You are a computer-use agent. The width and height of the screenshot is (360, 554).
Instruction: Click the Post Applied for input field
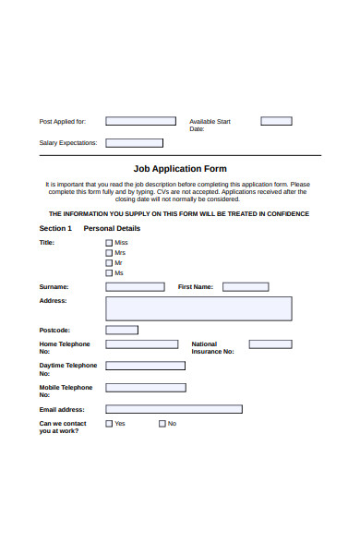(140, 121)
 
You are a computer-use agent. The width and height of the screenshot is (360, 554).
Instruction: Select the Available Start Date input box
(276, 121)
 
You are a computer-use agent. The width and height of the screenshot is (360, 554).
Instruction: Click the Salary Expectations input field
(134, 143)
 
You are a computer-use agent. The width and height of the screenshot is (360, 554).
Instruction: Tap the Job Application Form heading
(180, 169)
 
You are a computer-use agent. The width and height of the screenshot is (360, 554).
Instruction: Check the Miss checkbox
(109, 243)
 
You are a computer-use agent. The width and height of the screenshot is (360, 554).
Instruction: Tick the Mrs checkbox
(109, 253)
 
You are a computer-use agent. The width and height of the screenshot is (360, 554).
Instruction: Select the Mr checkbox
(109, 263)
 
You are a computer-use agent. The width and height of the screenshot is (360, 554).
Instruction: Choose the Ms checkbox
(109, 273)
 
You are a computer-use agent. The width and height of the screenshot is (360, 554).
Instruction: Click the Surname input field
(135, 287)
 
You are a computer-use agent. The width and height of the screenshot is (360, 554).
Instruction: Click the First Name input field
(246, 287)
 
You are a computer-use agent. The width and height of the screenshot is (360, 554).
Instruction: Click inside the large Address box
(198, 308)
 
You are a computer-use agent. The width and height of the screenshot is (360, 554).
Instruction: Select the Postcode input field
(122, 330)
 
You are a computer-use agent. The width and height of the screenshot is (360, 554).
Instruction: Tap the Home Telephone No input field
(142, 344)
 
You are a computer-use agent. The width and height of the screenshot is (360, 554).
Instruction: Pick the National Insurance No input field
(270, 344)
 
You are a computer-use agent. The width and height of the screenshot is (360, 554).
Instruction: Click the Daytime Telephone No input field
(145, 366)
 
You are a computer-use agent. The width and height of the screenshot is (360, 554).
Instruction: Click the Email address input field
(174, 409)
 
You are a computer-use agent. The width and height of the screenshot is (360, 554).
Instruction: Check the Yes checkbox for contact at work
(109, 424)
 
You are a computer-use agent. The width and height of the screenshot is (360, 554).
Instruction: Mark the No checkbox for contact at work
(162, 424)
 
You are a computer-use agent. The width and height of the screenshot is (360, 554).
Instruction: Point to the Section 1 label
(55, 228)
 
